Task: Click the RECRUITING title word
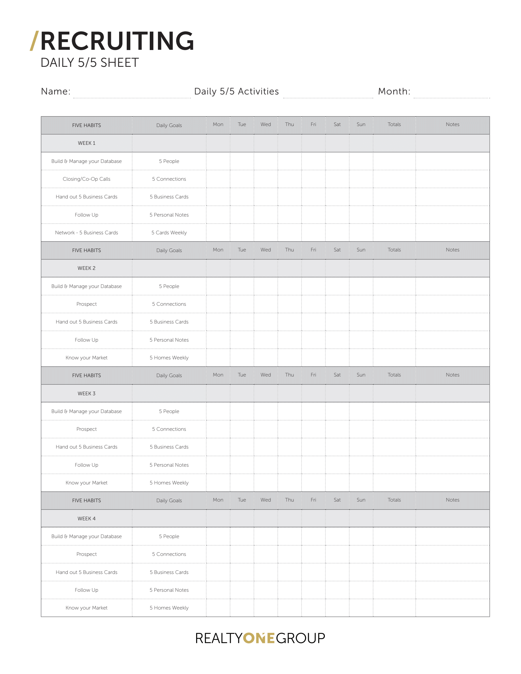click(117, 41)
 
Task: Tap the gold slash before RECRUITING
click(34, 41)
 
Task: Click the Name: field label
click(56, 91)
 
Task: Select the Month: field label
click(394, 91)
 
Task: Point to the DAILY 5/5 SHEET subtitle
click(90, 63)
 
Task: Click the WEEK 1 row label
click(87, 143)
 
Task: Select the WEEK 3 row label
click(87, 394)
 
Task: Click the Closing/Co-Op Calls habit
click(87, 179)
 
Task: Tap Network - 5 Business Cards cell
click(87, 233)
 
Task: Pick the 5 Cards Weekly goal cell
click(169, 233)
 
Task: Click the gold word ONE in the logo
click(259, 638)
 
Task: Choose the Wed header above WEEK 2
click(266, 250)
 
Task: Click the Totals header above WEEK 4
click(394, 500)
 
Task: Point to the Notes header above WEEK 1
click(453, 124)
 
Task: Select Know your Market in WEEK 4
click(87, 608)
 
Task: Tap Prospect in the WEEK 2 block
click(87, 304)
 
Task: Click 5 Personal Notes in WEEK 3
click(169, 465)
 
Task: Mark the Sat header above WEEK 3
click(337, 375)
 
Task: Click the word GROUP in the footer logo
click(300, 638)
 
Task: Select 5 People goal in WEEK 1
click(169, 161)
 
